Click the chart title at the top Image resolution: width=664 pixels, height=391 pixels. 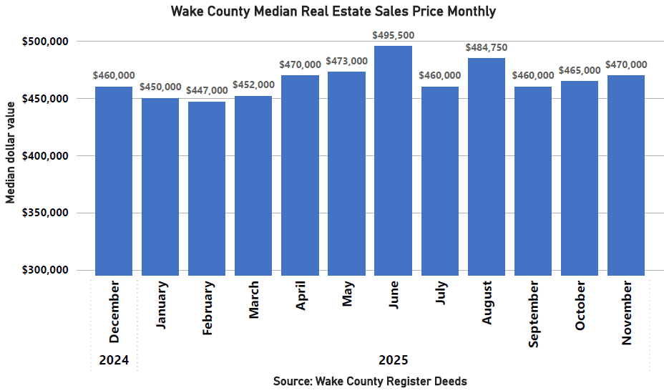pyautogui.click(x=333, y=12)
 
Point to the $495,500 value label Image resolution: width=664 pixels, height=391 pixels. pyautogui.click(x=393, y=35)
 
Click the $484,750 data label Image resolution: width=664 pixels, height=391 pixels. pyautogui.click(x=487, y=47)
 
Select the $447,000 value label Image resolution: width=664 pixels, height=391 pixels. pyautogui.click(x=207, y=91)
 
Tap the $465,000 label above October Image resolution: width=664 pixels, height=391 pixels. pyautogui.click(x=580, y=70)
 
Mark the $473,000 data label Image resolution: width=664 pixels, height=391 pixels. pyautogui.click(x=347, y=61)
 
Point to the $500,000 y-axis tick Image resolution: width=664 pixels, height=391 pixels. pyautogui.click(x=46, y=42)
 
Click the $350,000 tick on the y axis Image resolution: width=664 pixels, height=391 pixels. pyautogui.click(x=46, y=213)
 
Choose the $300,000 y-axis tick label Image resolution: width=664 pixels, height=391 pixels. pyautogui.click(x=46, y=270)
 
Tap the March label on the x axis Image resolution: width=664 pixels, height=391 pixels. pyautogui.click(x=254, y=299)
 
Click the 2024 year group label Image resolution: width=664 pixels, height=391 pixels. pyautogui.click(x=114, y=360)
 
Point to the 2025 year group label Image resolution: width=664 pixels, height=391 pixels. pyautogui.click(x=393, y=360)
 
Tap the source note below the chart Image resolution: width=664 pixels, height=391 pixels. pyautogui.click(x=370, y=381)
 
